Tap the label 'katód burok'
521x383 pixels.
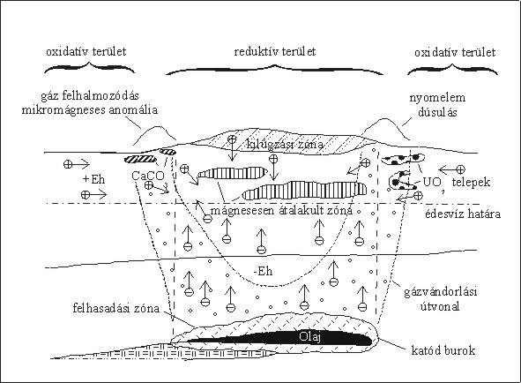point(443,350)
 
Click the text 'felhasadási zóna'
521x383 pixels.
point(116,308)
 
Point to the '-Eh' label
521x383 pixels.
point(264,272)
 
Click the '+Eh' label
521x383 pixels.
point(93,179)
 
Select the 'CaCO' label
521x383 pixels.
point(148,176)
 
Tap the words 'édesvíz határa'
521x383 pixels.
point(463,214)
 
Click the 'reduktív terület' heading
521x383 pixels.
point(275,51)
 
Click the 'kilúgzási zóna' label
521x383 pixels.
point(285,144)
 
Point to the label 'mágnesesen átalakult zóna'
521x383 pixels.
point(281,210)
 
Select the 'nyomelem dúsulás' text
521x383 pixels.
point(437,105)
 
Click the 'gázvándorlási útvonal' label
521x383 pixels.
point(441,298)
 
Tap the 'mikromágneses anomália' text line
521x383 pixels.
point(90,109)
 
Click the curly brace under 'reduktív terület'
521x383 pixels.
point(274,69)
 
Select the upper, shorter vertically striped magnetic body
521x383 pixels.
point(233,173)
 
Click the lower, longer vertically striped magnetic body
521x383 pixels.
point(304,191)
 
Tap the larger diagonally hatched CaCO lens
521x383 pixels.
point(140,160)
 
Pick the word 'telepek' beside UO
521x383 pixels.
point(471,182)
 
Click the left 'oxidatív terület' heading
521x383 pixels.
point(86,51)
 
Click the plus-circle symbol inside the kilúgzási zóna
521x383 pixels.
point(232,139)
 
